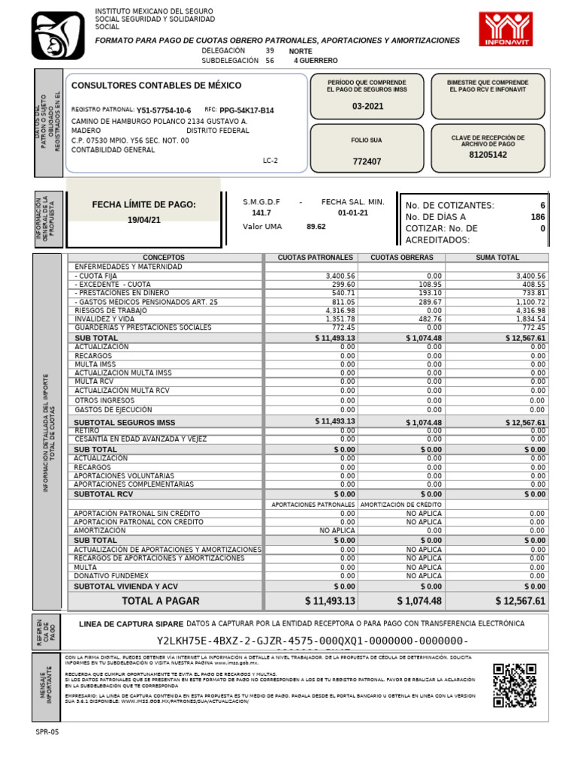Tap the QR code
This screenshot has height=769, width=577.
513,685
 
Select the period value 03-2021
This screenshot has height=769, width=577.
367,107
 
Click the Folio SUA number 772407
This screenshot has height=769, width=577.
367,161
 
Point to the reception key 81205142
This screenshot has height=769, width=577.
488,155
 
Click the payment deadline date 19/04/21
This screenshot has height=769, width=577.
143,220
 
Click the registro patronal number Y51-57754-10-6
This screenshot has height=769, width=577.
164,110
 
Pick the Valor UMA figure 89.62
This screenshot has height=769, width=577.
316,226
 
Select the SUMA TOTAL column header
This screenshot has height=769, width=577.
497,258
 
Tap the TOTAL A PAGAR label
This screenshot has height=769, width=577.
161,601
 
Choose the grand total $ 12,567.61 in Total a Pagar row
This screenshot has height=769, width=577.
520,601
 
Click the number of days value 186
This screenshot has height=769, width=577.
537,216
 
